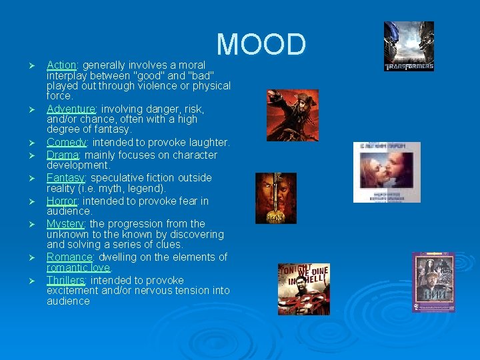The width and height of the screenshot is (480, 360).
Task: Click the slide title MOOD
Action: coord(261,45)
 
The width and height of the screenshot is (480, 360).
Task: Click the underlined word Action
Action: coord(61,65)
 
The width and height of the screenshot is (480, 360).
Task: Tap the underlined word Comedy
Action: coord(67,143)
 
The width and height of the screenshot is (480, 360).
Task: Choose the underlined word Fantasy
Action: coord(65,178)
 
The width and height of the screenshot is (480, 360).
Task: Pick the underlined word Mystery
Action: coord(65,224)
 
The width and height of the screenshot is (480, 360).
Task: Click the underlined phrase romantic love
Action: coord(78,267)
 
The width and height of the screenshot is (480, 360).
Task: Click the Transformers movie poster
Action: coord(409,46)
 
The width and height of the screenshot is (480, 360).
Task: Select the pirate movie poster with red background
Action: coord(292,115)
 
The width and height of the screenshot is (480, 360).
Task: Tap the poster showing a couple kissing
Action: coord(387,172)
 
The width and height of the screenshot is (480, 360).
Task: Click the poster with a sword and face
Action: coord(275,198)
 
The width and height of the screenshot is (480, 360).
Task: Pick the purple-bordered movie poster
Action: coord(433,282)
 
